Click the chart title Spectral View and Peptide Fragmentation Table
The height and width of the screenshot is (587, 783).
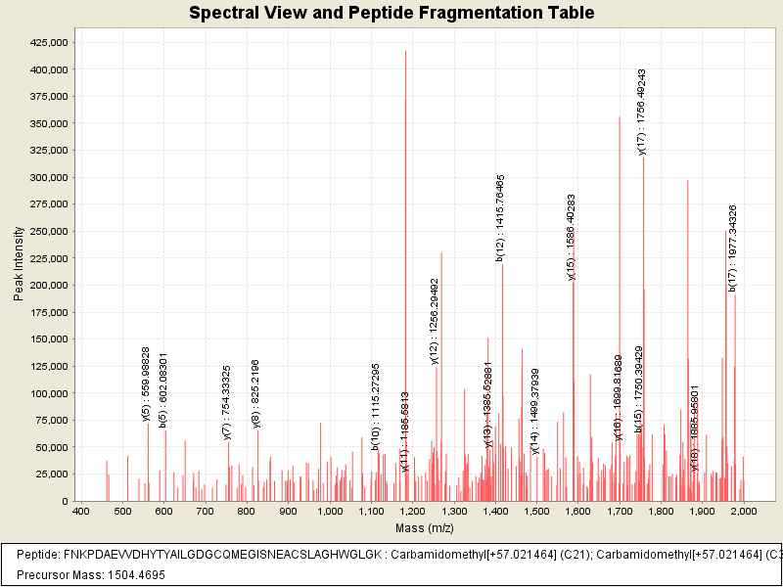point(391,14)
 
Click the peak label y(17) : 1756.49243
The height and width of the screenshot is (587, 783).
point(642,112)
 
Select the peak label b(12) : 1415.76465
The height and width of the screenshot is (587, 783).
point(501,217)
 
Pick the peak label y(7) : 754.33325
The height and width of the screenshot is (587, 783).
point(227,403)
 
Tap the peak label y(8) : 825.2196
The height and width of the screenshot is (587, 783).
point(256,393)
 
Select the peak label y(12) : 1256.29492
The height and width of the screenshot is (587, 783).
point(435,320)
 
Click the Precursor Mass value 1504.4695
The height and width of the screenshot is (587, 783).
point(125,575)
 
